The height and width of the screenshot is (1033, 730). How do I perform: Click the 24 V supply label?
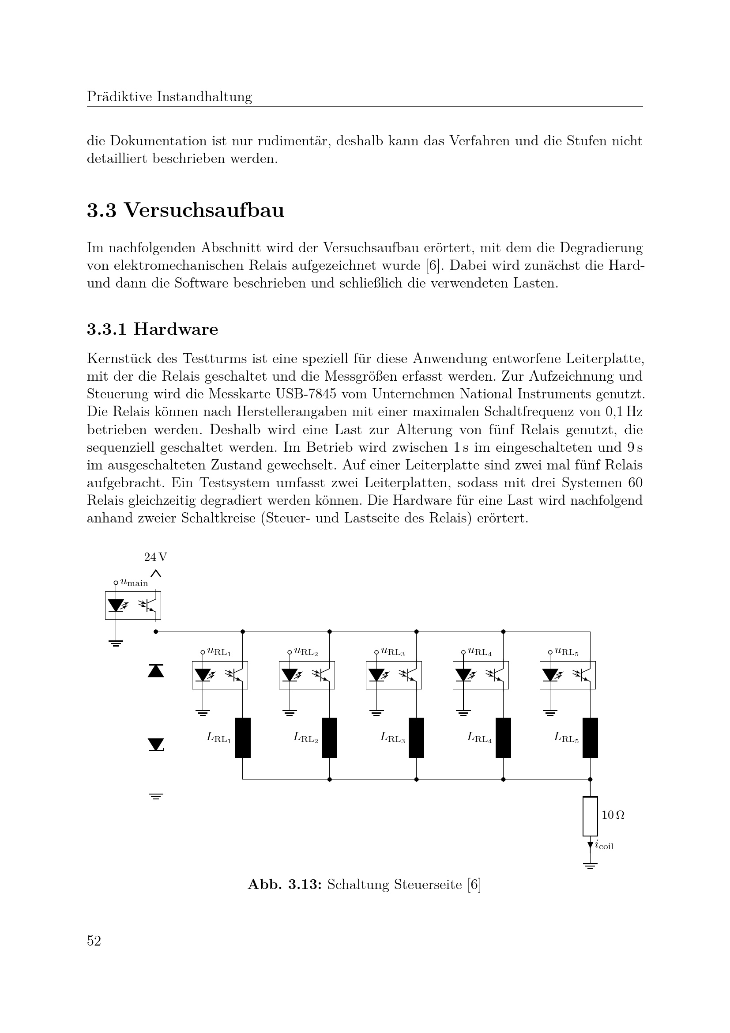[155, 557]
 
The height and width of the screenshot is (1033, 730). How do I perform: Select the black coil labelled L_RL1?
[243, 738]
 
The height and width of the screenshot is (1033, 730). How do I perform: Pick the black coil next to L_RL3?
[416, 738]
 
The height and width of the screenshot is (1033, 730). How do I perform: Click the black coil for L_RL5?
[590, 738]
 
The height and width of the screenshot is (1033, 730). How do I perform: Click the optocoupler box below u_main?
[133, 605]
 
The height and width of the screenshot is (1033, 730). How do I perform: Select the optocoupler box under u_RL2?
[307, 675]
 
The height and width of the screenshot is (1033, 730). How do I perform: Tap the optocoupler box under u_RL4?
[481, 675]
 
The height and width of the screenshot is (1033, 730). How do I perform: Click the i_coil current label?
[604, 846]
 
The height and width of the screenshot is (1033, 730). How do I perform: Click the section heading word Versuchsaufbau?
[203, 211]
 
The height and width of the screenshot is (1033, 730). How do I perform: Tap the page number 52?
[94, 941]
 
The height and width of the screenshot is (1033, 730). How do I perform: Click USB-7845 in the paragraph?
[306, 394]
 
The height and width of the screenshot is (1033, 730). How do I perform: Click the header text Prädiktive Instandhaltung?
[169, 97]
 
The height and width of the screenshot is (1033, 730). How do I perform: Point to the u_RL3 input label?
[392, 651]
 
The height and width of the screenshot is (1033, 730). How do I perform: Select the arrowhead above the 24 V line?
[155, 573]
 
